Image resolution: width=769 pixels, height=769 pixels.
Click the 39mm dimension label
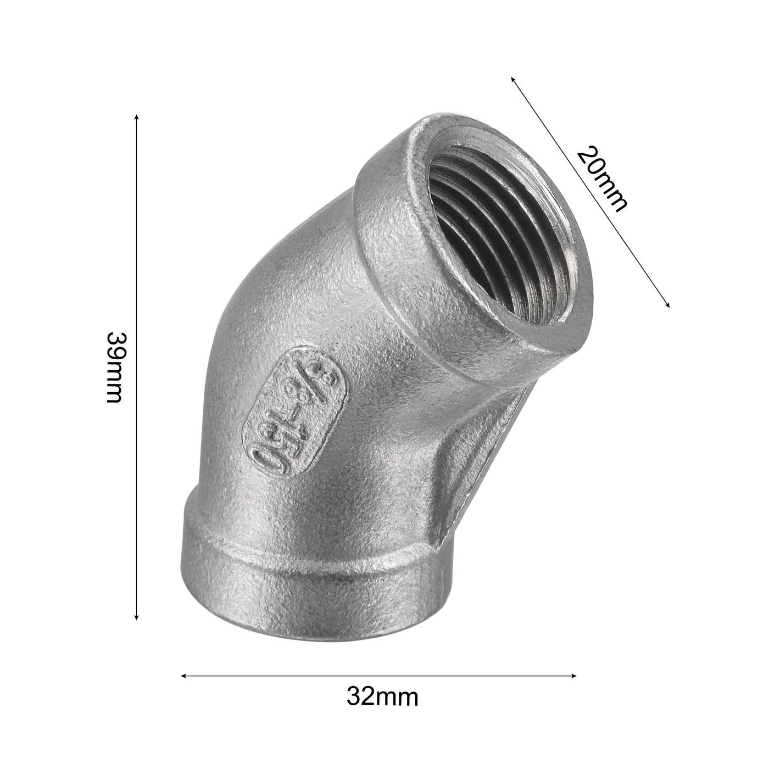(x=114, y=367)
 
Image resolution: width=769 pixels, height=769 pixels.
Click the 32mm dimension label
(x=382, y=698)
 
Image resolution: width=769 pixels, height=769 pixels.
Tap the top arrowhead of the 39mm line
(x=136, y=116)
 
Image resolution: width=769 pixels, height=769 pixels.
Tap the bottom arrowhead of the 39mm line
(x=136, y=618)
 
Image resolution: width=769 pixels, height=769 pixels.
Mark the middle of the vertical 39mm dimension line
(x=136, y=367)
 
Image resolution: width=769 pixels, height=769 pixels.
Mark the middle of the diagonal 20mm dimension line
(x=590, y=192)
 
